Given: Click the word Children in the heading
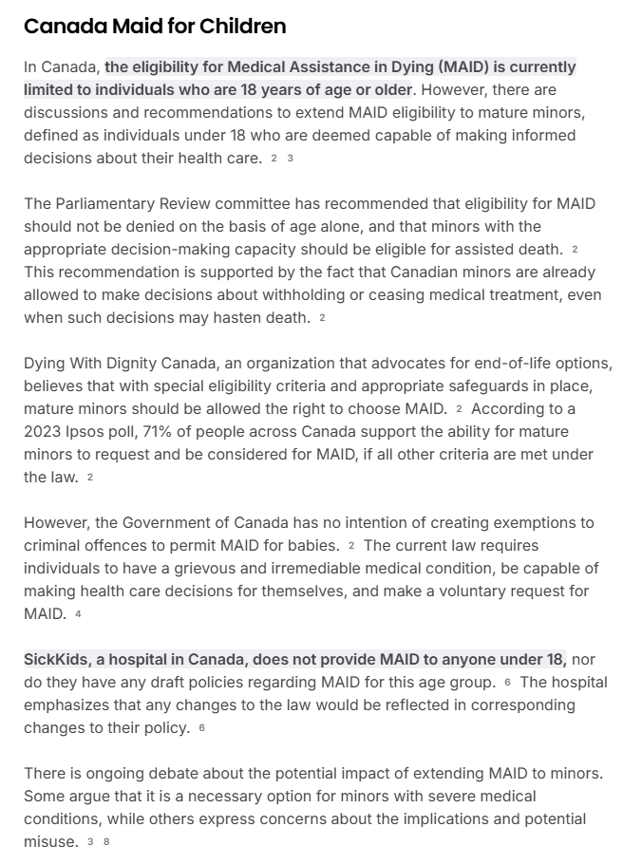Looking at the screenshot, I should [242, 27].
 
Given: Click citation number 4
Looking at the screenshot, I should [78, 614].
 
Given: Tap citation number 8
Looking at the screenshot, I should [106, 842].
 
